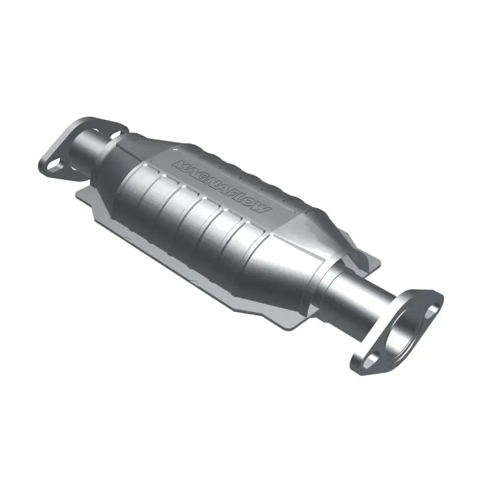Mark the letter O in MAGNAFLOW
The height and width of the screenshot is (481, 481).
pos(248,202)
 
